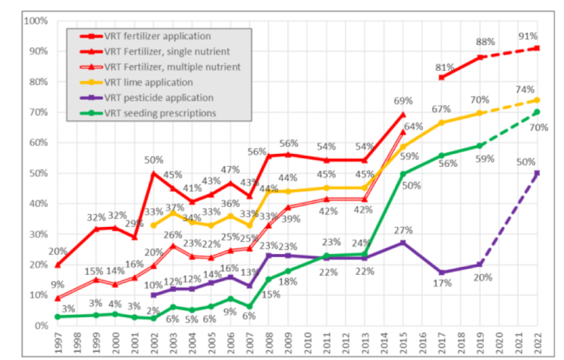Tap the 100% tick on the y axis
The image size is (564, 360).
36,20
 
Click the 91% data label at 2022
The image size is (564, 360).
527,36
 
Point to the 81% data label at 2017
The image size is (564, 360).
445,68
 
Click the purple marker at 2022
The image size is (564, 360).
538,173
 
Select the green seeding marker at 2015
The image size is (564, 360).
403,174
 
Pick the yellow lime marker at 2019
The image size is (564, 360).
480,113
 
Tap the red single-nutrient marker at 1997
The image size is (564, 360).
59,265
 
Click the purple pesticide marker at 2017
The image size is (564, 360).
441,273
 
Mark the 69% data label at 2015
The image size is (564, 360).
404,101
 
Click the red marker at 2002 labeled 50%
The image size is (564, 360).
154,173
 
